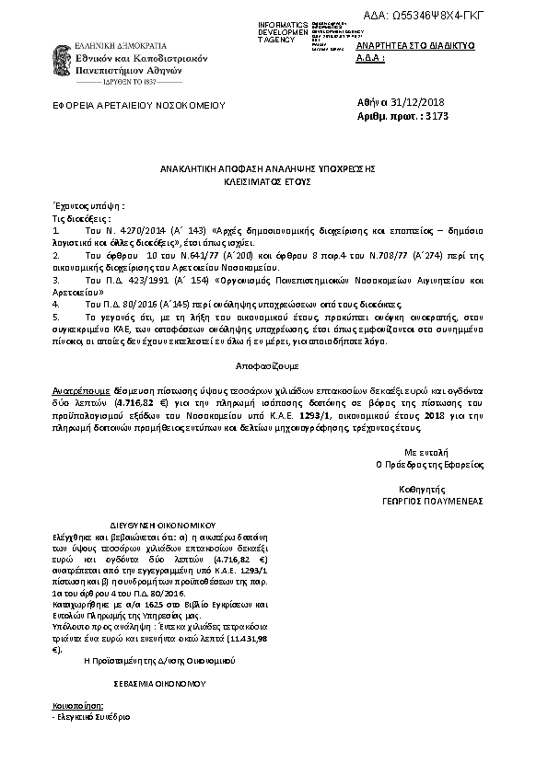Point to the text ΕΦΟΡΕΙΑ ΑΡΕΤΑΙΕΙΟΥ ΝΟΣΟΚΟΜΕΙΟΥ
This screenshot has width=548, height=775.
tap(139, 106)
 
